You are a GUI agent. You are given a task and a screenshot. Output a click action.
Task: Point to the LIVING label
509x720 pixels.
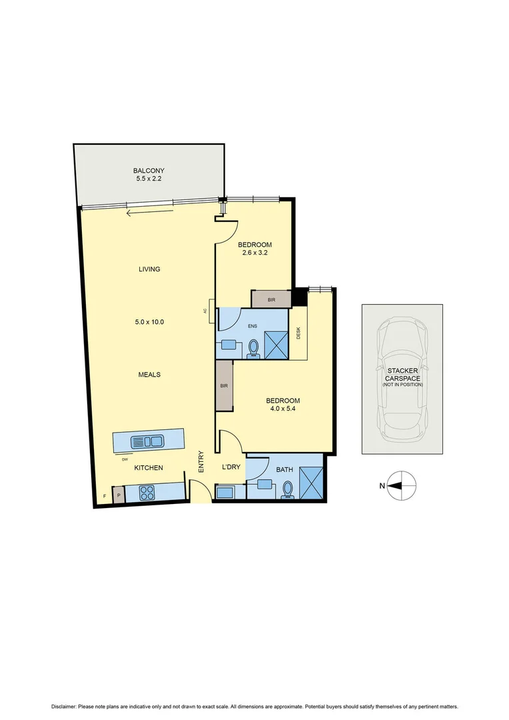(149, 269)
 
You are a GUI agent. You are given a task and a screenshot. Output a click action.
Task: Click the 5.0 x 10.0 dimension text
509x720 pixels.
(149, 322)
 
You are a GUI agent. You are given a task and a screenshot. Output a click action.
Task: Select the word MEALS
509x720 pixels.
(149, 375)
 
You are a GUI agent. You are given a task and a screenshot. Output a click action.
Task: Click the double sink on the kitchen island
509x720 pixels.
(148, 441)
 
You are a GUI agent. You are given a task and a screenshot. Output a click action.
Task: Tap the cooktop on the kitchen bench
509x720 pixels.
(147, 493)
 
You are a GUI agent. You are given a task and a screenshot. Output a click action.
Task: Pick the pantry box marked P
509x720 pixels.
(119, 495)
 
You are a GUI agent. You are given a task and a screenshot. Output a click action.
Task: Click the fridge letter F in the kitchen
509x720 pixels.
(104, 496)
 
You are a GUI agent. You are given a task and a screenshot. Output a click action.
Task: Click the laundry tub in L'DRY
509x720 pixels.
(225, 493)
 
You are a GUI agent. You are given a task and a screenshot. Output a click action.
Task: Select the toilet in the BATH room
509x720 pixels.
(288, 489)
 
